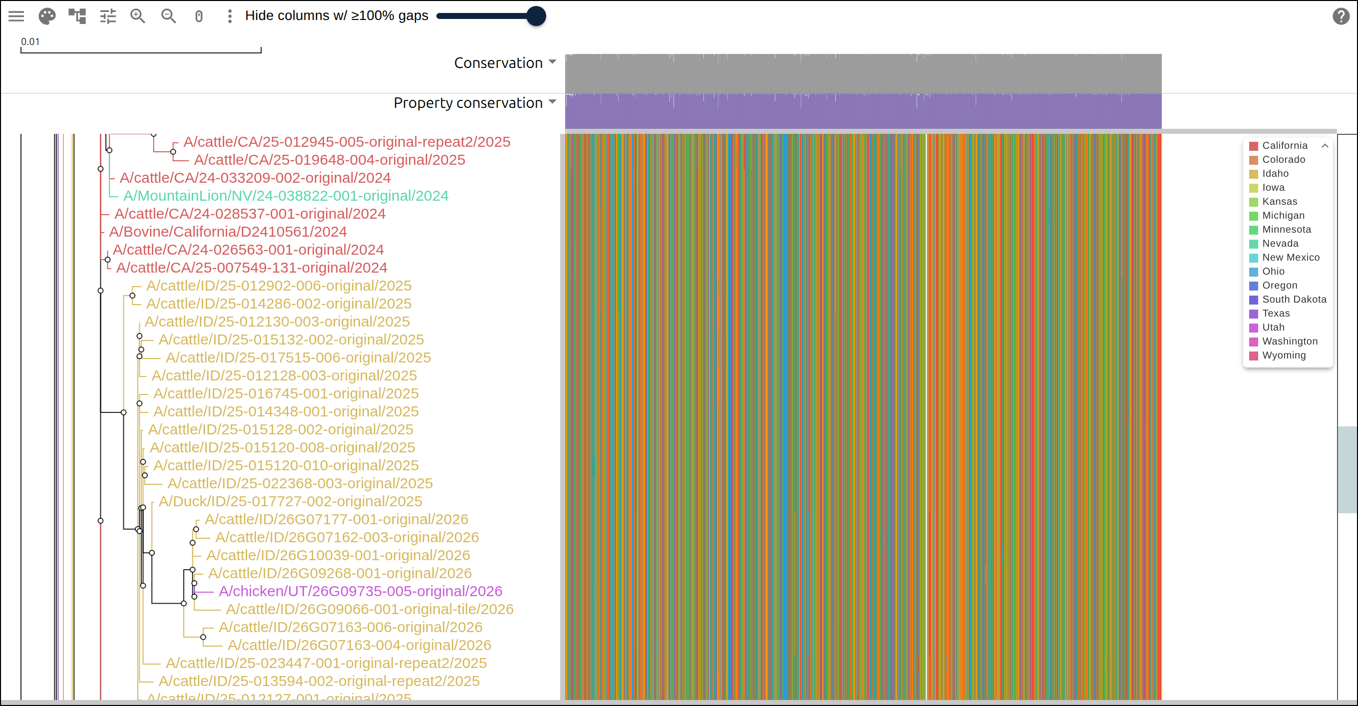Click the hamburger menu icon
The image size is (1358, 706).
pyautogui.click(x=16, y=16)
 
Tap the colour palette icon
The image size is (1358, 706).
pyautogui.click(x=47, y=16)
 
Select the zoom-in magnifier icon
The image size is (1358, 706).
pyautogui.click(x=138, y=16)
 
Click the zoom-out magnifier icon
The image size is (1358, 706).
pyautogui.click(x=169, y=16)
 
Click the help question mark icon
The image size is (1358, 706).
pyautogui.click(x=1341, y=16)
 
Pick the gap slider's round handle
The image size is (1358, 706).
pyautogui.click(x=536, y=16)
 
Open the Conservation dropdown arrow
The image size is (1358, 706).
pyautogui.click(x=552, y=62)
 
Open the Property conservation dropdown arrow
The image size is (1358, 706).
pyautogui.click(x=552, y=102)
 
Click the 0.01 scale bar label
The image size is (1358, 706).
pyautogui.click(x=30, y=41)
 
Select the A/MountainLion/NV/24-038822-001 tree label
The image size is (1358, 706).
pyautogui.click(x=286, y=196)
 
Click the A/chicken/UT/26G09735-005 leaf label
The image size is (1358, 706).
pyautogui.click(x=360, y=591)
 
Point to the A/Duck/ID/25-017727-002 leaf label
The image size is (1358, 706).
pyautogui.click(x=291, y=501)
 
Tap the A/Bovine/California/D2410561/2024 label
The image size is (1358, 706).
pyautogui.click(x=228, y=232)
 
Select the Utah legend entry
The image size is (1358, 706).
pyautogui.click(x=1273, y=328)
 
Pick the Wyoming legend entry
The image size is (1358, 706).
pyautogui.click(x=1283, y=355)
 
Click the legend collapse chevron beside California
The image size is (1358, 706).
pyautogui.click(x=1325, y=145)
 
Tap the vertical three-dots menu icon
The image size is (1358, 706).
pyautogui.click(x=229, y=16)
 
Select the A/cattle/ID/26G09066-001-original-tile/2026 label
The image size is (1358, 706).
pyautogui.click(x=369, y=609)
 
